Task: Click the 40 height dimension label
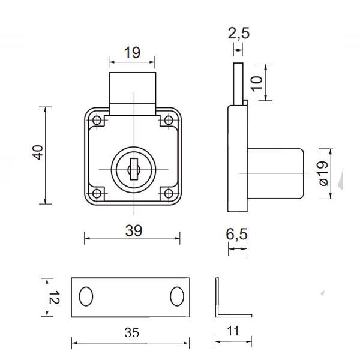38,154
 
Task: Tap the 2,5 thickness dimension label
238,34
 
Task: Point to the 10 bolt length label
257,83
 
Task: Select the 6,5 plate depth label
238,235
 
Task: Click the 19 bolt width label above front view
132,52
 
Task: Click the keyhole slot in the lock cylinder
133,168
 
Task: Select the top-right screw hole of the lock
168,122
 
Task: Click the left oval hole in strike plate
86,296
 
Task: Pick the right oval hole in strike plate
178,296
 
